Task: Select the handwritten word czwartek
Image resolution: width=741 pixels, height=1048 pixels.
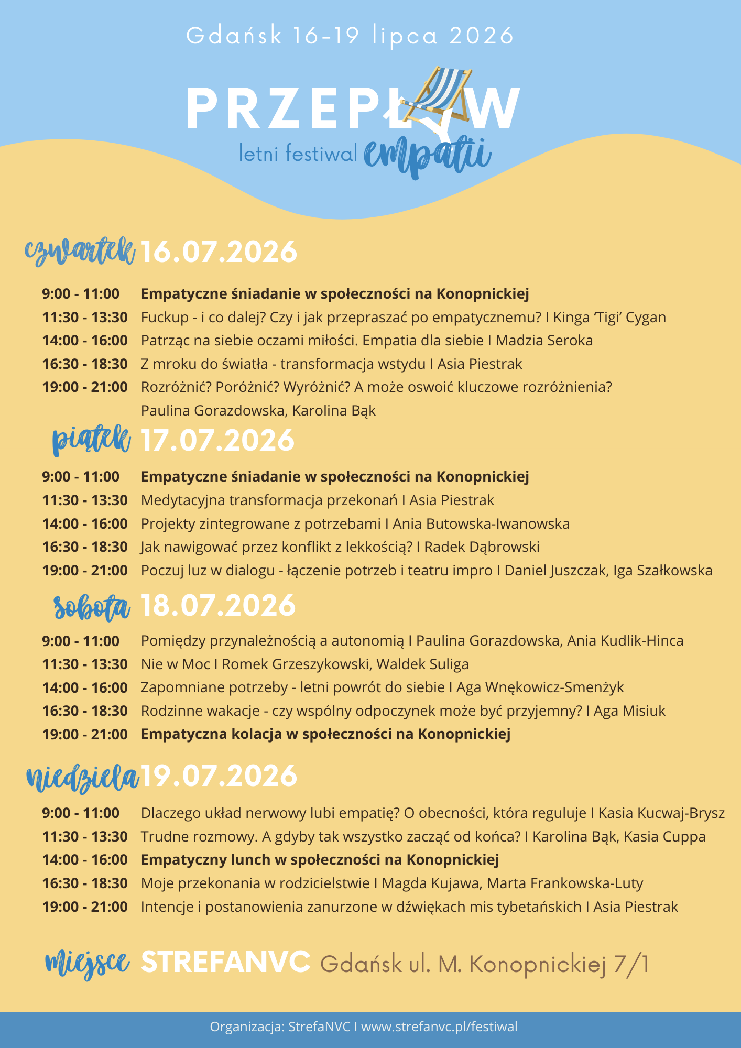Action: coord(80,252)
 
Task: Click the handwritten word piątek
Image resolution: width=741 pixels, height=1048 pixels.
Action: coord(91,440)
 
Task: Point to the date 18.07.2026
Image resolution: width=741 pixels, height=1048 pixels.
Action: coord(218,606)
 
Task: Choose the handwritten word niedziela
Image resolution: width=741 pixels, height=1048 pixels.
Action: coord(82,777)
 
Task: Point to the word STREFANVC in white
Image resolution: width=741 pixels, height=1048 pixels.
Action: coord(226,962)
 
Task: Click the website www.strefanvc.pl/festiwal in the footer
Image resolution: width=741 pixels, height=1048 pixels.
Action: coord(439,1027)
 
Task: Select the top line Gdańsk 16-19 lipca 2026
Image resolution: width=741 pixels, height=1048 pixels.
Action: coord(350,36)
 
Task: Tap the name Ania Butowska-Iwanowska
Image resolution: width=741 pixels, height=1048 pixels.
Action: coord(481,524)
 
